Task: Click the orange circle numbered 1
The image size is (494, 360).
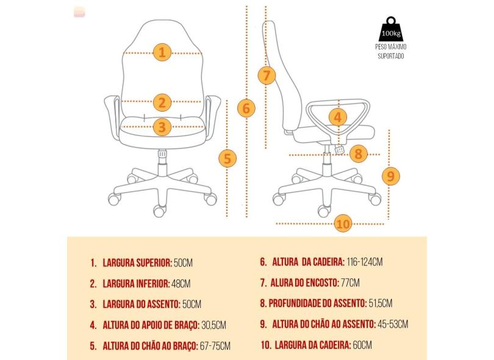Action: coord(162,52)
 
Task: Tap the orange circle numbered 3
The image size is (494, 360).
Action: coord(162,127)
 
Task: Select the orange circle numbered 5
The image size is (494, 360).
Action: coord(227,158)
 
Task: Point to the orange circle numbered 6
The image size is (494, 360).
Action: coord(246,108)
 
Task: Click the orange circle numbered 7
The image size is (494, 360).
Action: coord(267,76)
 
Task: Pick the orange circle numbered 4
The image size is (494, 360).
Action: coord(338,117)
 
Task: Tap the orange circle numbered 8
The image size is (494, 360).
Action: coord(359,154)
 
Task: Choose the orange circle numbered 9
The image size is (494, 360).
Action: coord(391,176)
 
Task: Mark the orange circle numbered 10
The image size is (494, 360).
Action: coord(343,223)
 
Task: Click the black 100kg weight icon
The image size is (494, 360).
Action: coord(391,29)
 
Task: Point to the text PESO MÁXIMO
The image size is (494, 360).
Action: coord(391,47)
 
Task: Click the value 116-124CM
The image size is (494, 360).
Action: coord(365,262)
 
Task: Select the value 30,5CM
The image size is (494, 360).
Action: coord(213,325)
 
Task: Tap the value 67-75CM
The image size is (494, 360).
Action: coord(215,346)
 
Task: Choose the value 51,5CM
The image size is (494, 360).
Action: coord(381,303)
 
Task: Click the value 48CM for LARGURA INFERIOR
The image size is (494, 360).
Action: coord(181,284)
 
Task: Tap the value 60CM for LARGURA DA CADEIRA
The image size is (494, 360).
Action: coord(362,345)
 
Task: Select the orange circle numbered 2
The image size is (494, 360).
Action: coord(162,103)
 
